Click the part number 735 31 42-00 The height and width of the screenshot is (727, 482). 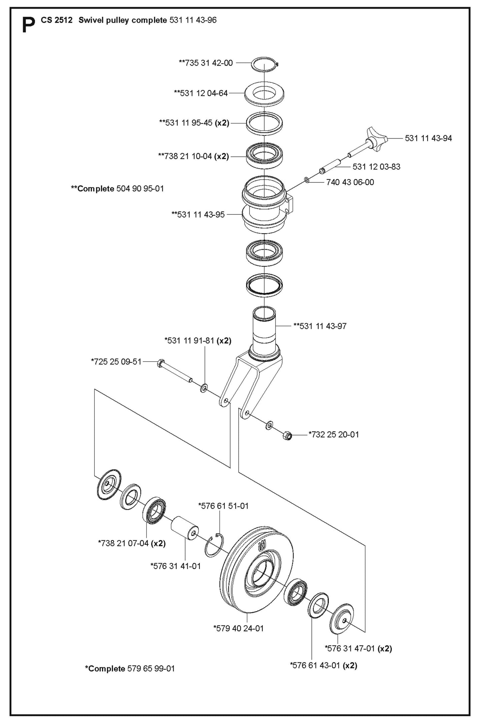coord(206,63)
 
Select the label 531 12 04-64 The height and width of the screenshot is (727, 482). coord(201,93)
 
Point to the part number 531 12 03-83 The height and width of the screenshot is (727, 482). coord(376,167)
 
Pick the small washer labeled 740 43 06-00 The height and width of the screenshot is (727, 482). coord(307,181)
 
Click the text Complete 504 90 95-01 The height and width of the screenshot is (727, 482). coord(117,189)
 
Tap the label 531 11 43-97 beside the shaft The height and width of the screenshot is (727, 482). coord(320,326)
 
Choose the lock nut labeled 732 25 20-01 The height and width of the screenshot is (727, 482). coord(287,435)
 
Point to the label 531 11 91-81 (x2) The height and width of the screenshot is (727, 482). coord(198,341)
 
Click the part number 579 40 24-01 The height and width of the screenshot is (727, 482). coord(238,628)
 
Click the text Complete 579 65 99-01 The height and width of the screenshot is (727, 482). coord(130,669)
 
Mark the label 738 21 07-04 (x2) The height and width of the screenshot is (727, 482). coord(132,543)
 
